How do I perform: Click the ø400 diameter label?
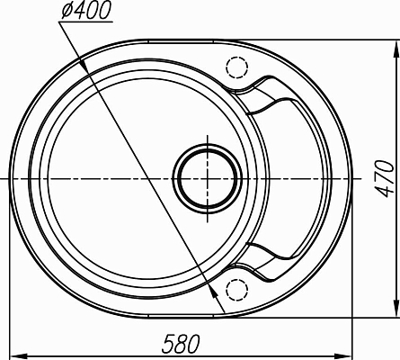click(86, 10)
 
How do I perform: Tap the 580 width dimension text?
click(181, 344)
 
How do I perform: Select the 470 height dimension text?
click(385, 179)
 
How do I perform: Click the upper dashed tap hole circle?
click(237, 67)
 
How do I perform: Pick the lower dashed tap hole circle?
click(237, 290)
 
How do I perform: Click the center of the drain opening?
click(207, 179)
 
